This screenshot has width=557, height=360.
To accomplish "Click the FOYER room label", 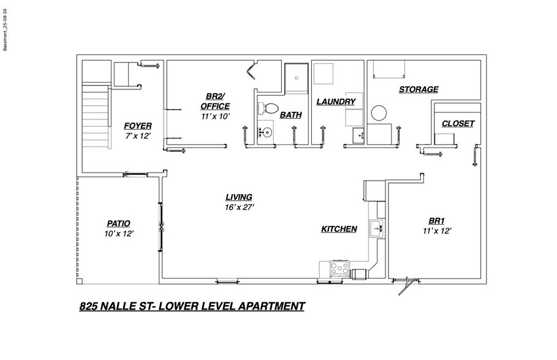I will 138,126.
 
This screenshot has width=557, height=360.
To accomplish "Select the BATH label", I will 290,114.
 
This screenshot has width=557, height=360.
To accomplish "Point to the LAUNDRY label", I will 336,102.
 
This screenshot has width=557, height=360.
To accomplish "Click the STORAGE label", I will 419,89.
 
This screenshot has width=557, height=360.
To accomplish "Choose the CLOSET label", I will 458,123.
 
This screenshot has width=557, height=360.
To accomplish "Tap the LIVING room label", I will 239,197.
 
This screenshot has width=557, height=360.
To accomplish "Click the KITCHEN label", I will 339,229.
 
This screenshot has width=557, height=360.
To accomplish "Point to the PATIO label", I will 118,223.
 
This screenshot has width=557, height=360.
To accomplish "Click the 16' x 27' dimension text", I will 239,207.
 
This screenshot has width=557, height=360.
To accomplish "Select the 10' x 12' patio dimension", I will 119,233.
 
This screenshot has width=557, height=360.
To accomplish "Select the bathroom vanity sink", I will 265,132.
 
